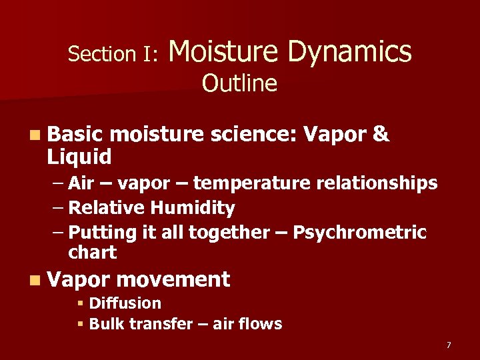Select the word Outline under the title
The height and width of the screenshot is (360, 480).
click(239, 84)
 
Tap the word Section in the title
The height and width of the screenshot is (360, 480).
click(101, 54)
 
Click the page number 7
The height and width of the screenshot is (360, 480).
click(449, 345)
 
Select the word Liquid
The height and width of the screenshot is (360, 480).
click(79, 157)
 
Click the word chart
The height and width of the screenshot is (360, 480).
click(92, 253)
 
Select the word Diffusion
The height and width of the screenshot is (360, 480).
click(125, 303)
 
